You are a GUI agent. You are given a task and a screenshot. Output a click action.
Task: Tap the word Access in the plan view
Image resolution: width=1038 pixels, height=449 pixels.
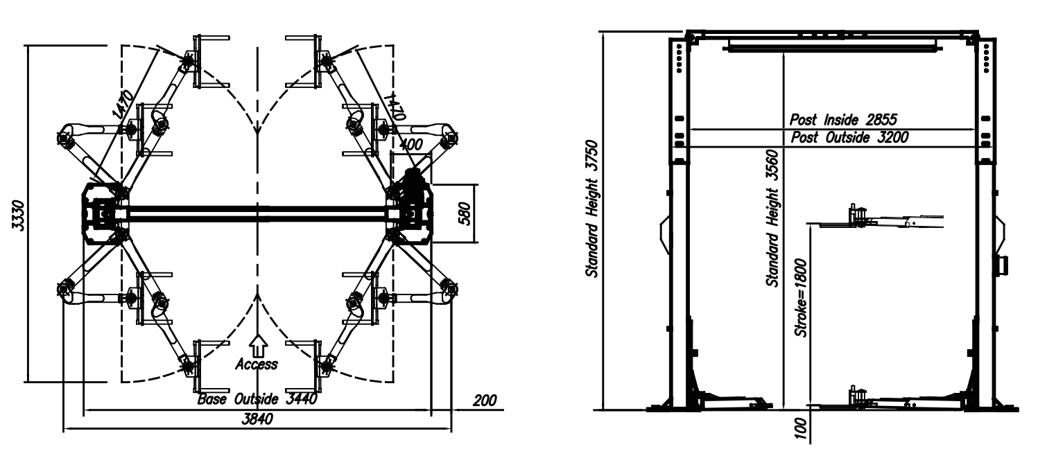coord(257,364)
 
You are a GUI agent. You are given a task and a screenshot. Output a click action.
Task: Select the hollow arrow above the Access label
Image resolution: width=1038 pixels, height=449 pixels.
coord(257,344)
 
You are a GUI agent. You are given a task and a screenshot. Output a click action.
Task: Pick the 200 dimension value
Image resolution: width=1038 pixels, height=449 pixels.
coord(485,400)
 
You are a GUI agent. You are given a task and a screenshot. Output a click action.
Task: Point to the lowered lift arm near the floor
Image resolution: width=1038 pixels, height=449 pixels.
coord(894,400)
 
